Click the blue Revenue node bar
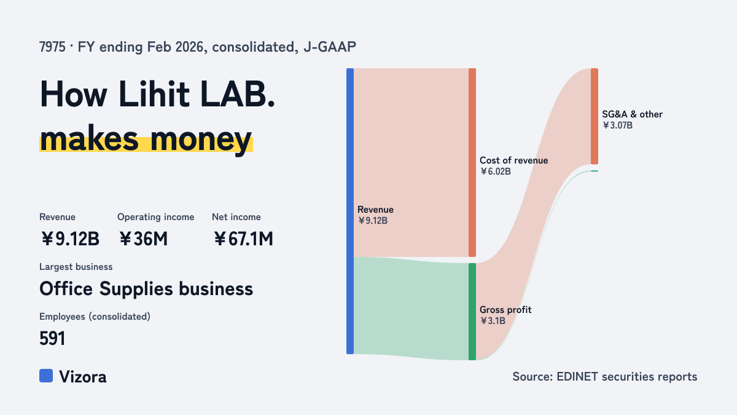coord(350,211)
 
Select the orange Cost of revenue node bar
coord(472,162)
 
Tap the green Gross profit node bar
coord(472,312)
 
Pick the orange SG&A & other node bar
coord(595,116)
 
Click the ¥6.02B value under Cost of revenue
coord(495,172)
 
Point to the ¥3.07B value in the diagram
coord(618,125)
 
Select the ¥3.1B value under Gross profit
coord(493,321)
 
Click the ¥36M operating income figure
coord(143,239)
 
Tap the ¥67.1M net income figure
coord(243,239)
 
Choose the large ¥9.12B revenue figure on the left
coord(70,239)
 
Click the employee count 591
coord(52,338)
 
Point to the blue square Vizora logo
coord(46,376)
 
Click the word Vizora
coord(83,377)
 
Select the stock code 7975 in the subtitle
coord(52,47)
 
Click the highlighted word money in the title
coord(201,139)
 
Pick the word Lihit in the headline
coord(154,94)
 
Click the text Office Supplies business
coord(146,289)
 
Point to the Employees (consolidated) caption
coord(95,317)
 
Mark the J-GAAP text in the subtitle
coord(330,47)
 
